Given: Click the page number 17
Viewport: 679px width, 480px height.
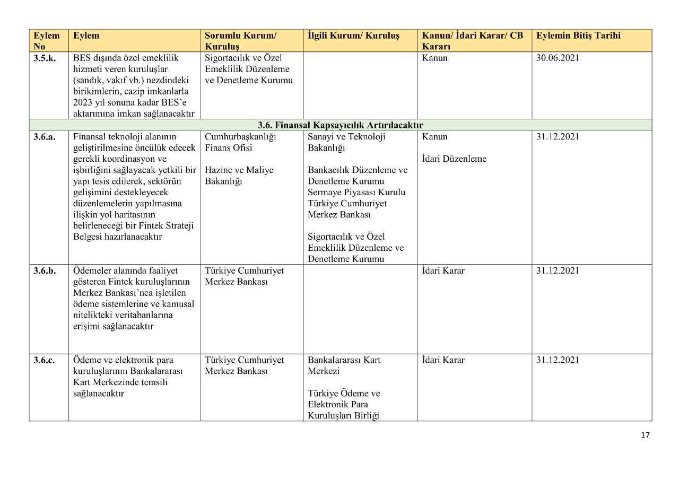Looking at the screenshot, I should click(x=645, y=435).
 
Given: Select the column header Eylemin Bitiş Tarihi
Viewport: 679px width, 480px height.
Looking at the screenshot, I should click(x=578, y=36).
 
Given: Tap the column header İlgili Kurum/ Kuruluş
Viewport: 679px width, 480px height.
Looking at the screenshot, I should click(x=353, y=36).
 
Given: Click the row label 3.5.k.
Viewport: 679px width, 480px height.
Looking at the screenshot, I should click(x=45, y=58).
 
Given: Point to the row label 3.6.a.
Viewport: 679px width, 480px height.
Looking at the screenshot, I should click(x=45, y=137).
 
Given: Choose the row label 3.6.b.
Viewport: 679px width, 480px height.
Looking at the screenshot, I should click(x=45, y=270).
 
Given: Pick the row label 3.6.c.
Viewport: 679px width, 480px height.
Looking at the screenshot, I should click(x=44, y=360).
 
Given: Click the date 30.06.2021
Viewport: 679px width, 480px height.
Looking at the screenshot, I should click(x=558, y=58).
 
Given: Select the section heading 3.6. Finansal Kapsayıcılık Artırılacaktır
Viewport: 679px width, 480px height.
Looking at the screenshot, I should click(x=340, y=125).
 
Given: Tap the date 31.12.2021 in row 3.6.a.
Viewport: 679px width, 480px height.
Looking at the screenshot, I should click(x=558, y=137).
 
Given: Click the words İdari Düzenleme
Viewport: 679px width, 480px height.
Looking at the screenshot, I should click(x=454, y=159).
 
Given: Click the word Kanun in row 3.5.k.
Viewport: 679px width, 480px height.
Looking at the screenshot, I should click(x=434, y=58).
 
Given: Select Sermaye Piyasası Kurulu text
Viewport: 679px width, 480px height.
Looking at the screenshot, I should click(x=356, y=193).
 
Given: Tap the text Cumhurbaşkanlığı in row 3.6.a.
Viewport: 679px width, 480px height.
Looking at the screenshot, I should click(x=240, y=137).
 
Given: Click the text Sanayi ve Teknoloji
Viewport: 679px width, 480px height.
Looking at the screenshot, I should click(x=346, y=137).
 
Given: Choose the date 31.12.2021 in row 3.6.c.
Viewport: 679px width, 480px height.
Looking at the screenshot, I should click(x=558, y=360).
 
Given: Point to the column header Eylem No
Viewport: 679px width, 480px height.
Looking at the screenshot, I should click(x=47, y=41).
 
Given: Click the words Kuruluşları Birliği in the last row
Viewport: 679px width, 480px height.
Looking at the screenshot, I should click(x=343, y=416).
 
